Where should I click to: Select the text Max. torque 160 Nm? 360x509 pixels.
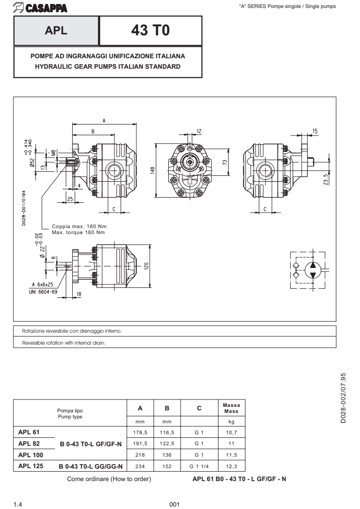[78, 232]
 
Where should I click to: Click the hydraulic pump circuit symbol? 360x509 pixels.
[308, 269]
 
